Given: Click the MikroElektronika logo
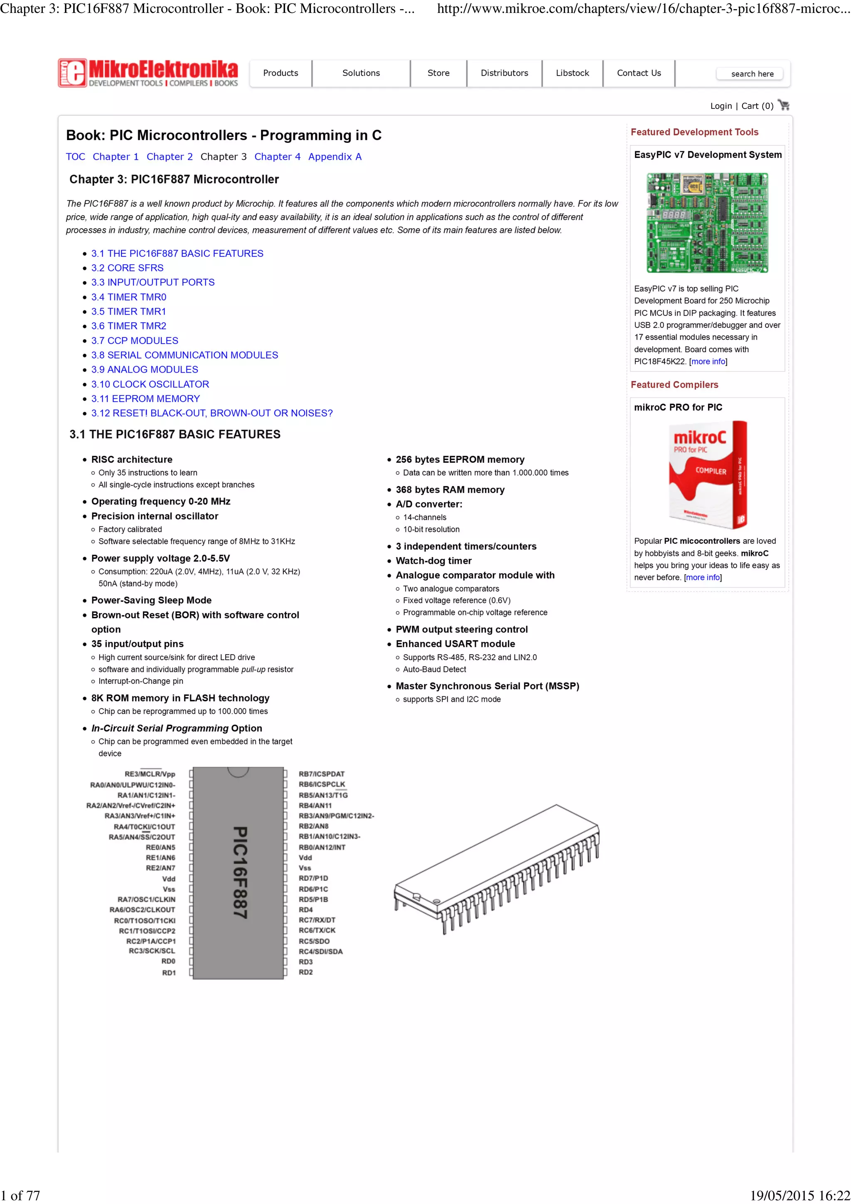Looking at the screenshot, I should [148, 73].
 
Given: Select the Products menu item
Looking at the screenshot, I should [280, 73].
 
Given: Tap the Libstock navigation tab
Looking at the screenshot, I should [572, 73].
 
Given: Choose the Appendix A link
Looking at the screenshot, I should [334, 157].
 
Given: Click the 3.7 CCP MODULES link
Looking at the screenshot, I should [135, 340].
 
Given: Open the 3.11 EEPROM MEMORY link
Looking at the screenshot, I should [145, 398].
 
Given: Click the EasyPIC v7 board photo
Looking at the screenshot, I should [707, 223].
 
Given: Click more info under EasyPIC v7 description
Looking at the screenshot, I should [708, 361].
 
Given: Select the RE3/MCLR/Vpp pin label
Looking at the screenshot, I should [150, 774].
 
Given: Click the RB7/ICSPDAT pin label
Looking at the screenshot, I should [322, 774].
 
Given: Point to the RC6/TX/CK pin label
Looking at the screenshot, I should [317, 930].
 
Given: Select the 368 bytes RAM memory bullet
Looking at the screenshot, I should [450, 490].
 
